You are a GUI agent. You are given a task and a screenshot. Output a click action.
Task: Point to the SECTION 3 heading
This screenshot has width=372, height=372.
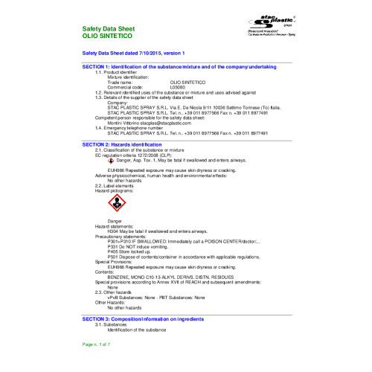[143, 318]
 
